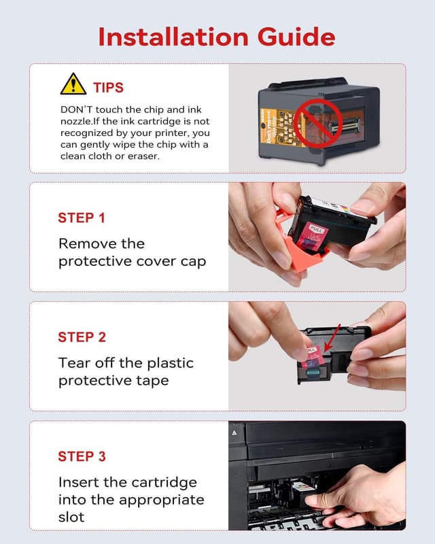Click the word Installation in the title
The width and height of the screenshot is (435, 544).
point(173,37)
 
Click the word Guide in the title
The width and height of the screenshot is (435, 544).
point(296,37)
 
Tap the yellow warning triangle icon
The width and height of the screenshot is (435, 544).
point(73,84)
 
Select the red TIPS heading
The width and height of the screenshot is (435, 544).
point(108,88)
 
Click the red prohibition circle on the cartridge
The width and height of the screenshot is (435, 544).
point(318,124)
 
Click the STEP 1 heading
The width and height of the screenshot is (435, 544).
point(82,218)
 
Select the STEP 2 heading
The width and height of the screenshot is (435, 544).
point(82,337)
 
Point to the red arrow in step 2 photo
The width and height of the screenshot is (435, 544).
point(332,337)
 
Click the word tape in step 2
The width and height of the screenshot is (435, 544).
point(152,381)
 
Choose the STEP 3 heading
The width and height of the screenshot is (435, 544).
point(82,456)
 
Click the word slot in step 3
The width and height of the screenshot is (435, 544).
point(71,517)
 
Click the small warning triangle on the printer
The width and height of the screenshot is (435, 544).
point(234,432)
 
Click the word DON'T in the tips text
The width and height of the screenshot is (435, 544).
point(76,109)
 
